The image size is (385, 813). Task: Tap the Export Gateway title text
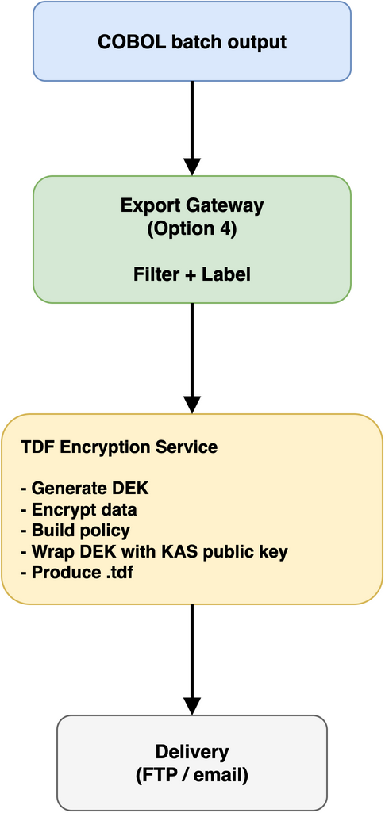(191, 205)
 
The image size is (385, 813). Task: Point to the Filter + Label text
(191, 274)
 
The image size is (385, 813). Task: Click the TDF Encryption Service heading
(119, 447)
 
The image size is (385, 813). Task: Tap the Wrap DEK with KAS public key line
(154, 551)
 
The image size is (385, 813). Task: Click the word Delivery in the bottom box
(191, 751)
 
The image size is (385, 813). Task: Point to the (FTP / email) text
(191, 775)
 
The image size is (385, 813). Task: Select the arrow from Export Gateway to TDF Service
(191, 353)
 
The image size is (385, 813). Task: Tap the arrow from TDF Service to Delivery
(191, 654)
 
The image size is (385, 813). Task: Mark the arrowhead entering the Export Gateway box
(191, 167)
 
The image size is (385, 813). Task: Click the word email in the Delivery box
(218, 775)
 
